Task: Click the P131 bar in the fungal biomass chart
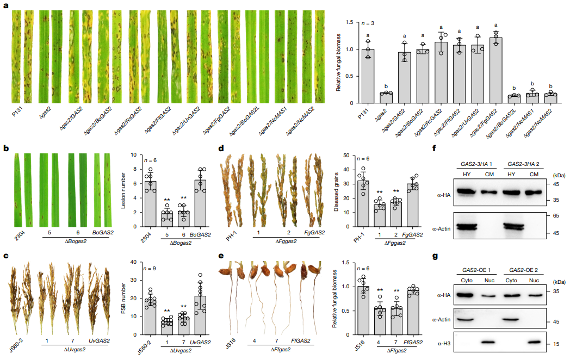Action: pos(369,76)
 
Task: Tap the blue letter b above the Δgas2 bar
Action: pos(386,86)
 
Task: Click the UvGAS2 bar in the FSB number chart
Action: pos(202,313)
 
